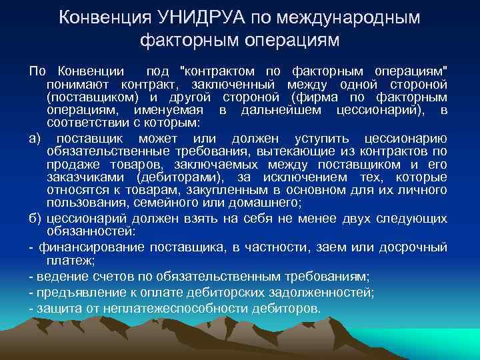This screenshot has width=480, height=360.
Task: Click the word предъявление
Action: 74,292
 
